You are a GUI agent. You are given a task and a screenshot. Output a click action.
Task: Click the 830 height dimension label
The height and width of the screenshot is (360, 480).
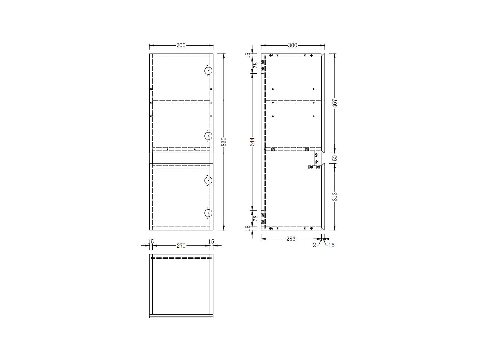click(224, 142)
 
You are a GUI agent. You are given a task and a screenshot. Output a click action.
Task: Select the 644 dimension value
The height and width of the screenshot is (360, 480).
click(252, 142)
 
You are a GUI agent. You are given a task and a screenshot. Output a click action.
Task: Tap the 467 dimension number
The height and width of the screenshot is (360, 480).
click(335, 103)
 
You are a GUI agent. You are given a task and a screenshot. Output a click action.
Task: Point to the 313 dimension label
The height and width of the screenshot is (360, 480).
click(335, 196)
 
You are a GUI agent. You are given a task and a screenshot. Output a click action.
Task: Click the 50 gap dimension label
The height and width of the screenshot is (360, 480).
click(335, 158)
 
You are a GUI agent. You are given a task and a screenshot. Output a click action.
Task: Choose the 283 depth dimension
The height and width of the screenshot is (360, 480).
click(291, 239)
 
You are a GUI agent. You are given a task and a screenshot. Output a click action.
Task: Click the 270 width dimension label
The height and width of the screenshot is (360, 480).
click(181, 246)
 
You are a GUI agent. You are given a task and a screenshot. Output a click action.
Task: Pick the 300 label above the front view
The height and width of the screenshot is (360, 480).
click(181, 45)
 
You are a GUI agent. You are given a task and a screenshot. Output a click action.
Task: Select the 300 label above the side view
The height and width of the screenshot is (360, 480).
click(292, 45)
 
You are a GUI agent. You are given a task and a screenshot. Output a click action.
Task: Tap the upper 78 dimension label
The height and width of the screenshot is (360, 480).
click(255, 65)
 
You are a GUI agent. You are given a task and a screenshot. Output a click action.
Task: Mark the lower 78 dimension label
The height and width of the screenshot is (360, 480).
click(255, 218)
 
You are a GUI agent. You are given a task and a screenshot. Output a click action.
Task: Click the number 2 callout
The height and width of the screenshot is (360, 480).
click(314, 245)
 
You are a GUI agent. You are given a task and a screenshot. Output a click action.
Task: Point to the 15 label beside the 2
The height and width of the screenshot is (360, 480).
click(332, 245)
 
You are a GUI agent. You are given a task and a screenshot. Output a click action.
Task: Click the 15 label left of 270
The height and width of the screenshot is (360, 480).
click(151, 242)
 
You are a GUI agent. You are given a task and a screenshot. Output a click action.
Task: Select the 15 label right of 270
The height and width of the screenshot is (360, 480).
click(211, 242)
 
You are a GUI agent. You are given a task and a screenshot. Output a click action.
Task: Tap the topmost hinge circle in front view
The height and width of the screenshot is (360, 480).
click(209, 71)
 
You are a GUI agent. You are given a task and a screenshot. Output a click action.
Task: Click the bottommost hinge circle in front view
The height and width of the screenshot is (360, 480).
click(209, 213)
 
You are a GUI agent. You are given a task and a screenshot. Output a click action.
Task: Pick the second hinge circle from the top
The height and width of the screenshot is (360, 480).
click(209, 136)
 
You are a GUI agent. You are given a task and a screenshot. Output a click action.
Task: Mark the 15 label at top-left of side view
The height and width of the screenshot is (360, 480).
click(248, 54)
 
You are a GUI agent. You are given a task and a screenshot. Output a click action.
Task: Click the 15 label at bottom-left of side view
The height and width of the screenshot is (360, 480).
click(248, 228)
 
